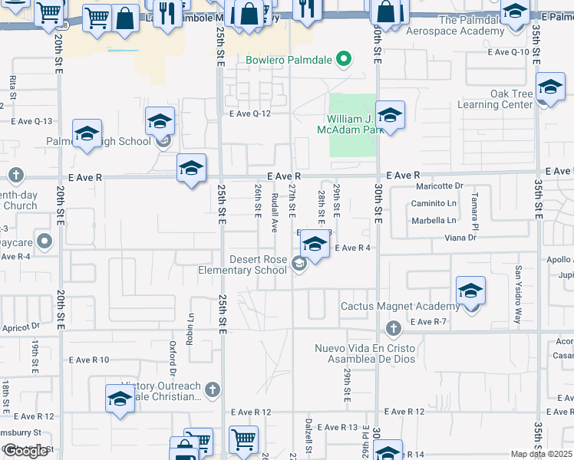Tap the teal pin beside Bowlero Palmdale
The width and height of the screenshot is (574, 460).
(x=345, y=59)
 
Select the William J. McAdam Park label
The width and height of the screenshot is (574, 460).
(x=355, y=125)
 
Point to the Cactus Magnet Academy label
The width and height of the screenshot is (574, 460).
(x=400, y=307)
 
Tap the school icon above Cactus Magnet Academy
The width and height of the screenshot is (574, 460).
(x=470, y=291)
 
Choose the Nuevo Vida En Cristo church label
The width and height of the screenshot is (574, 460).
(x=364, y=353)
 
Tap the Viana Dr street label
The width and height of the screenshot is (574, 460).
(x=460, y=238)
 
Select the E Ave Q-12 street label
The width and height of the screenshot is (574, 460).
(x=250, y=113)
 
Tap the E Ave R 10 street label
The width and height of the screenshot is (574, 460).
(x=89, y=359)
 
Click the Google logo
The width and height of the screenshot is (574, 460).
(x=26, y=451)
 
